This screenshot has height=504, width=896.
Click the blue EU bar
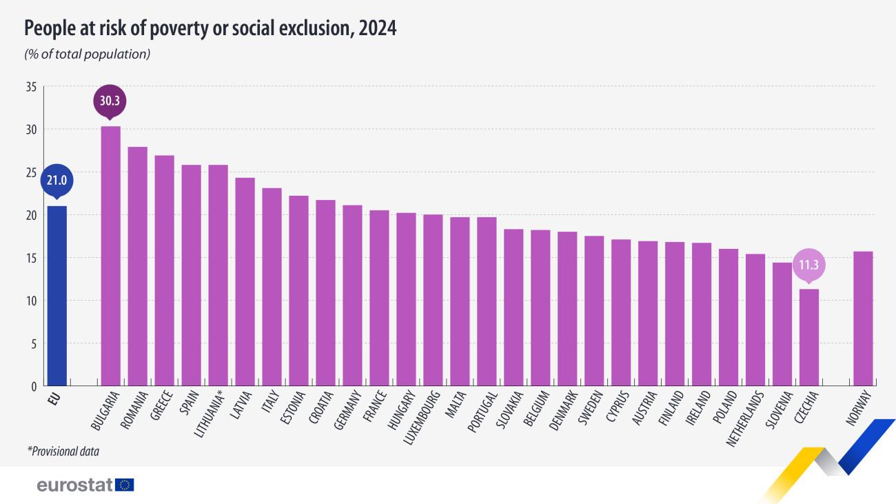click(x=57, y=296)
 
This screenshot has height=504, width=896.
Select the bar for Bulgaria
click(x=110, y=256)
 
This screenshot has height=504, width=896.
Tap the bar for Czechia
click(x=809, y=337)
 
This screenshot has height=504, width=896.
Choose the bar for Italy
click(x=272, y=287)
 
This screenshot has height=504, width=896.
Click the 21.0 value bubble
click(x=57, y=181)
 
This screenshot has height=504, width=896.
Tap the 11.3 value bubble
click(x=809, y=265)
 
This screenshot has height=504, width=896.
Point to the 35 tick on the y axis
click(x=30, y=87)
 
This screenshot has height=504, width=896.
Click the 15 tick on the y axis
click(x=30, y=258)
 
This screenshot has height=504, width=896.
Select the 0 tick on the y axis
click(x=33, y=386)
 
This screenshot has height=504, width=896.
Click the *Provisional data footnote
click(x=63, y=452)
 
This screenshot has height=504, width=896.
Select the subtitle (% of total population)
click(x=88, y=54)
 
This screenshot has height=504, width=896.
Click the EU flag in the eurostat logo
click(x=125, y=485)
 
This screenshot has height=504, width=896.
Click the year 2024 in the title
click(x=378, y=28)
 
